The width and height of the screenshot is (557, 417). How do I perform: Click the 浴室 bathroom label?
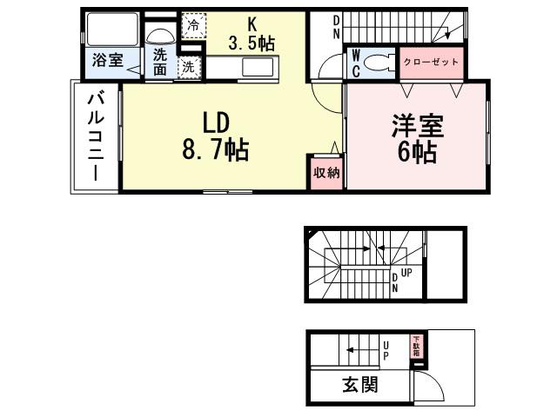point(108,62)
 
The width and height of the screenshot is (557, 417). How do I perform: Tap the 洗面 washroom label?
point(160,62)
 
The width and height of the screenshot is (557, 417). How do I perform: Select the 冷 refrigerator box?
point(192,26)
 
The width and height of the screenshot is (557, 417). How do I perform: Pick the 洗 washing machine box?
point(187,65)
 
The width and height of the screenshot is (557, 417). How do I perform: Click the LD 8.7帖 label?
point(215,136)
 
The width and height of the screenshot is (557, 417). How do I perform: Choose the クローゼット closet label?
point(430,63)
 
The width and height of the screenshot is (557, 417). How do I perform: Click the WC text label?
point(356,63)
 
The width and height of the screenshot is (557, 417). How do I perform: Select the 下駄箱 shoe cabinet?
point(416,346)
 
